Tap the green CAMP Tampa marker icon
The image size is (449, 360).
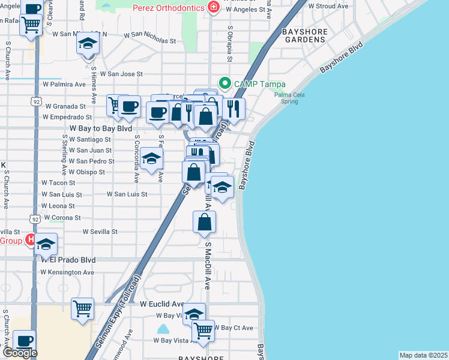click(x=225, y=83)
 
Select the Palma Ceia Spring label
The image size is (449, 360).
click(x=289, y=98)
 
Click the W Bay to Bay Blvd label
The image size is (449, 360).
click(x=101, y=128)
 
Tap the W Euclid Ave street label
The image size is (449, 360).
click(x=162, y=304)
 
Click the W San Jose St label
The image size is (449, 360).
click(x=121, y=74)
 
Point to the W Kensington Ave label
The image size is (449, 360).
click(x=68, y=272)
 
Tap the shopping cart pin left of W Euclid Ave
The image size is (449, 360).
click(x=83, y=309)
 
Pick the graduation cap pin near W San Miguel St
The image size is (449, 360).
click(x=88, y=44)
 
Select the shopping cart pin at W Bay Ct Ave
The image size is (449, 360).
click(x=203, y=330)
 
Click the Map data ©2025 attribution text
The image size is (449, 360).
click(x=423, y=355)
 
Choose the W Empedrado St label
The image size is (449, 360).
click(x=68, y=117)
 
